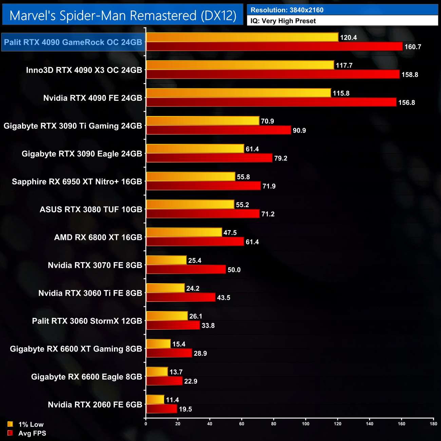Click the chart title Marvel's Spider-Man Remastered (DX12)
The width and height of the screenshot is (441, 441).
[123, 16]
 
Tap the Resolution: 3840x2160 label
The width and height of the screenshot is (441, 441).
[287, 10]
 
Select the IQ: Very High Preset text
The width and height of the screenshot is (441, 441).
[283, 21]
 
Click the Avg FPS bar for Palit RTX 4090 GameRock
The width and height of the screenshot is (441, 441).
[274, 46]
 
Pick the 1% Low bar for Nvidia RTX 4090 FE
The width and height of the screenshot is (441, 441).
[238, 93]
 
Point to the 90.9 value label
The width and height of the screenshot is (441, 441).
[299, 131]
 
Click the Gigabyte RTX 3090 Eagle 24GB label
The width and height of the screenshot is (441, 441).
[82, 154]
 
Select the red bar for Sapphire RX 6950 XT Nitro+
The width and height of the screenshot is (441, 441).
[203, 186]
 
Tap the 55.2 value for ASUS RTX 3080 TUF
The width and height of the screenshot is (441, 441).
[242, 205]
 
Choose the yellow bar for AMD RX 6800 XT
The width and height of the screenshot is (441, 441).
[184, 232]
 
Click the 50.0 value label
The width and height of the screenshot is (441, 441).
[234, 270]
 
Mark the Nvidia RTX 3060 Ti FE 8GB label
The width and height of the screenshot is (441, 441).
[90, 293]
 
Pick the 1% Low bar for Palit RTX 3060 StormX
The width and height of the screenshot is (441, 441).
[167, 316]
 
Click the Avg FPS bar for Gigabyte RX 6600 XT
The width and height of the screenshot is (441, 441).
[169, 353]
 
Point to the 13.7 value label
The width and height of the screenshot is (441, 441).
[176, 372]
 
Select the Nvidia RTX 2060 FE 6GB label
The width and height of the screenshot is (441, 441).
[95, 405]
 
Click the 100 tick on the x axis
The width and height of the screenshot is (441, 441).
[306, 424]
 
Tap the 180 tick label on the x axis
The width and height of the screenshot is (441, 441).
[434, 424]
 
